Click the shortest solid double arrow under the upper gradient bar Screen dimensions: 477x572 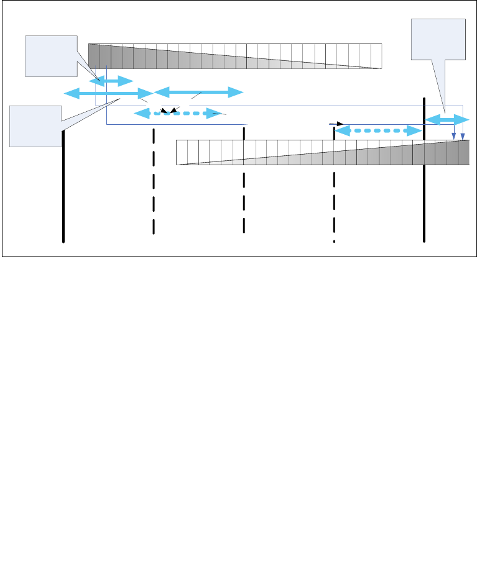tap(111, 81)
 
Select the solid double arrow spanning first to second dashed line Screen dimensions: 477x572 tap(198, 93)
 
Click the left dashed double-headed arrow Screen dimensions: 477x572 tap(178, 113)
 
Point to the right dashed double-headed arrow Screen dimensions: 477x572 tap(379, 131)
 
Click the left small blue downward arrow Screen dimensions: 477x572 tap(453, 135)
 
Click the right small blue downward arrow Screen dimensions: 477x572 tap(462, 135)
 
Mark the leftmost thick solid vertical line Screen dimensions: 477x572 tap(63, 186)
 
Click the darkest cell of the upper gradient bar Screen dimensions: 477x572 tap(94, 55)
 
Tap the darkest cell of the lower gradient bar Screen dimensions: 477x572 tap(464, 153)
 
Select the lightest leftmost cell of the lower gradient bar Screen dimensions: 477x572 tap(182, 153)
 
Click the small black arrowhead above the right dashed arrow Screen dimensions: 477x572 tap(340, 124)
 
